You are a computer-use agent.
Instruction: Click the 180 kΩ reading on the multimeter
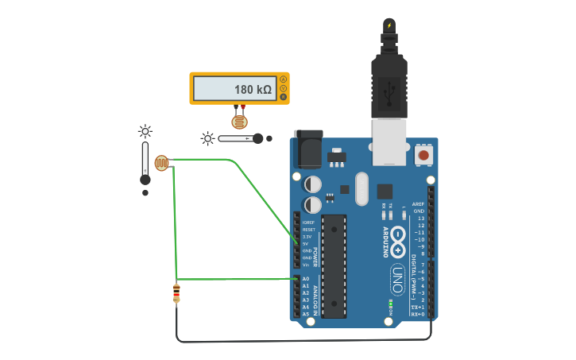[x=253, y=90]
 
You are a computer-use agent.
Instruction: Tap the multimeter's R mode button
[x=284, y=97]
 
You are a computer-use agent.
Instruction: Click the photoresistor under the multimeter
[x=239, y=122]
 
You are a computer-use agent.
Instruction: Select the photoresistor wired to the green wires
[x=162, y=163]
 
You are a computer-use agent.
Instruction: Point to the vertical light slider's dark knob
[x=145, y=180]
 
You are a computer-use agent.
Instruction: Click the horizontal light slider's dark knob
[x=257, y=138]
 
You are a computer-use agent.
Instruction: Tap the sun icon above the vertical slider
[x=145, y=131]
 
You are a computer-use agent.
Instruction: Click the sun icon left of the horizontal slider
[x=208, y=138]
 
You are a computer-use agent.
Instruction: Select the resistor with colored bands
[x=176, y=293]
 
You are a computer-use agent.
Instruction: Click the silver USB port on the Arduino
[x=389, y=143]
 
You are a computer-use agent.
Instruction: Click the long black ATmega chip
[x=334, y=265]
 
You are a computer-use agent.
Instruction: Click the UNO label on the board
[x=397, y=279]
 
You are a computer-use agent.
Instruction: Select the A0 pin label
[x=306, y=279]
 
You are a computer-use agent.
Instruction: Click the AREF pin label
[x=418, y=204]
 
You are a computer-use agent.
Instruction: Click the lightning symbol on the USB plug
[x=389, y=25]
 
